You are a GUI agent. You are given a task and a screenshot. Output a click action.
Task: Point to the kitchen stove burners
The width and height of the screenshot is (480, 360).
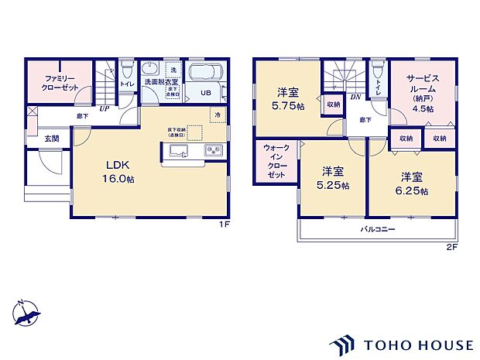tap(213, 150)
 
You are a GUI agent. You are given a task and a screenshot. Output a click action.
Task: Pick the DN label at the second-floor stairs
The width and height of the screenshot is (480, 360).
tap(355, 97)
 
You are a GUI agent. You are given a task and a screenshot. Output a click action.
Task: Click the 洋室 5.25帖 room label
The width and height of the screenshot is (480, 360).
tap(334, 178)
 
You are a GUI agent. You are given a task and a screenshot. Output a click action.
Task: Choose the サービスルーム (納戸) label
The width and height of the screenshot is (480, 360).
tap(422, 93)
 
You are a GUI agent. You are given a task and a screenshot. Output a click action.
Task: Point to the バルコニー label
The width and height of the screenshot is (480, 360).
tap(377, 230)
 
